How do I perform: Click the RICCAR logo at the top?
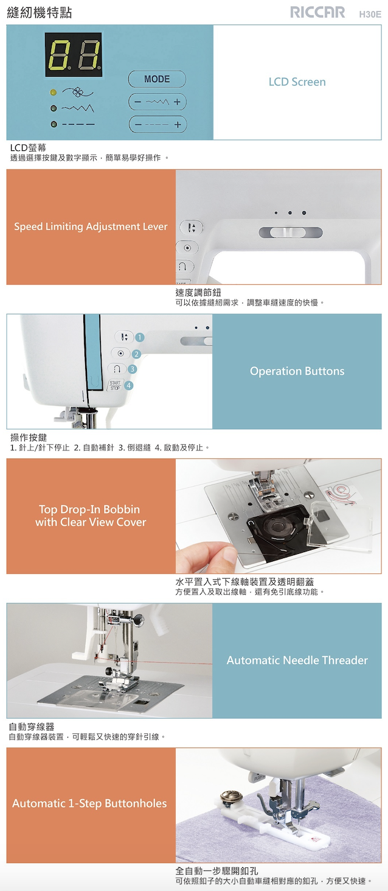317,12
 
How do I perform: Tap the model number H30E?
370,15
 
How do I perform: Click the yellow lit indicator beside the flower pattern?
54,93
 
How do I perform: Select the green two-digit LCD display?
74,55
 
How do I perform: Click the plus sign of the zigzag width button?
178,102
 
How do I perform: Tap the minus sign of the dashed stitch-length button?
137,125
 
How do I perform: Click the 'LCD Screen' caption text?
297,82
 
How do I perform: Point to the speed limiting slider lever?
289,232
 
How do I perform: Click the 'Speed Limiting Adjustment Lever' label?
91,226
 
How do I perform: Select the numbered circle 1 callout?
139,337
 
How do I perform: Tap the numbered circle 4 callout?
128,385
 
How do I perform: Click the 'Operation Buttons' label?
297,371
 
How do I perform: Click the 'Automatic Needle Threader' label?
297,660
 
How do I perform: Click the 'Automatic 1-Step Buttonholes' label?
89,803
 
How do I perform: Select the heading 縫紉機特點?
40,13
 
